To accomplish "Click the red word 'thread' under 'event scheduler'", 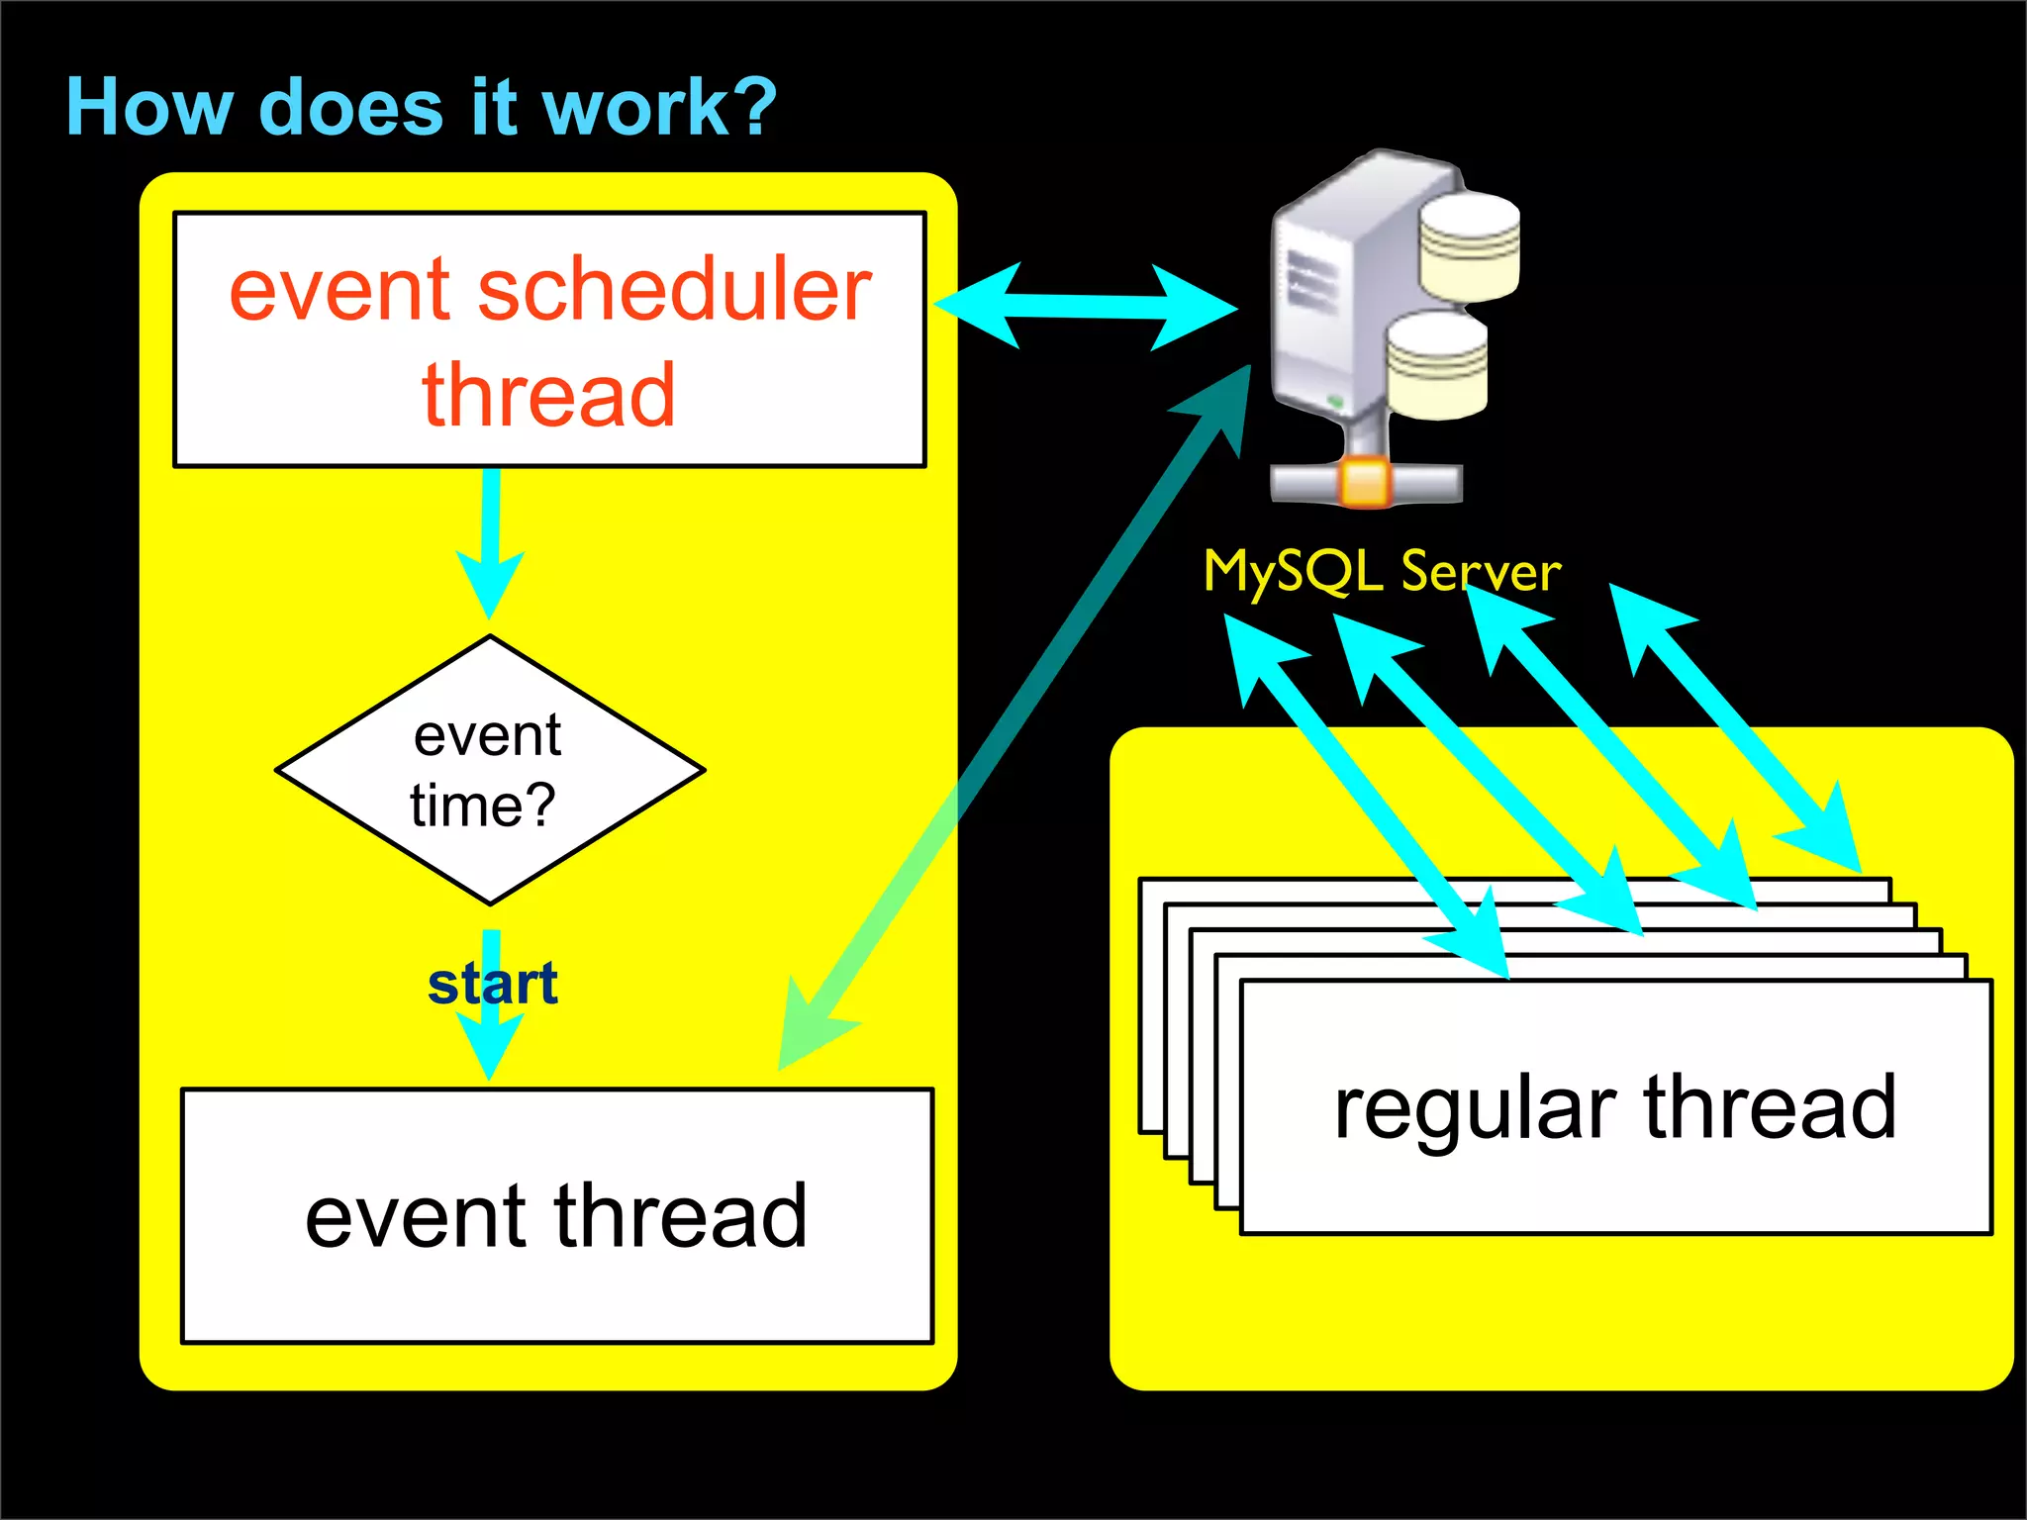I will click(549, 396).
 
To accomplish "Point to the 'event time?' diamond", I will click(490, 770).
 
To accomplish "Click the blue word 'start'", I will click(492, 984).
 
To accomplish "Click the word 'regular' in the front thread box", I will click(1475, 1109).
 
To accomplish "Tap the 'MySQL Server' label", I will click(1382, 571).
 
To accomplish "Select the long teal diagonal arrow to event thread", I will click(1019, 712).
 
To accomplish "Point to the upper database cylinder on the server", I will click(1469, 247).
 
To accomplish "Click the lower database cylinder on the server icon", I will click(1436, 365).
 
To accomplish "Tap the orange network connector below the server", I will click(1367, 484).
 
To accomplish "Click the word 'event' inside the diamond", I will click(488, 736).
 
